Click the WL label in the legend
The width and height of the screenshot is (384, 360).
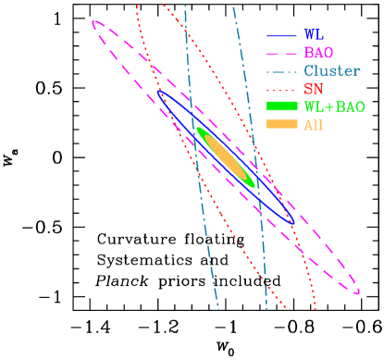313,35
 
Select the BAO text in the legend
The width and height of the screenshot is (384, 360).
318,53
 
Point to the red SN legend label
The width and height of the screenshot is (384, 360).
313,88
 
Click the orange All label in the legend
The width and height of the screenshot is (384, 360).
314,124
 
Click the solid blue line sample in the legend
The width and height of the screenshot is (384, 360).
281,35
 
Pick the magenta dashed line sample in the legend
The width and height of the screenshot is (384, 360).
281,53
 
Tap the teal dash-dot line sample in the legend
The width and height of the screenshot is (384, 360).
281,70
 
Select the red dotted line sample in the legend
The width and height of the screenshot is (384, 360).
281,88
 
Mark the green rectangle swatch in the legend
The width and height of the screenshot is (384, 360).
281,106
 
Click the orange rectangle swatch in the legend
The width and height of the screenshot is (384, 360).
281,124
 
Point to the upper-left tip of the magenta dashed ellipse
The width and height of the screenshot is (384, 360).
93,22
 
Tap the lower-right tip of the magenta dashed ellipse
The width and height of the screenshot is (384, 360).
359,292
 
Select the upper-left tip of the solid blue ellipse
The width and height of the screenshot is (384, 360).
158,91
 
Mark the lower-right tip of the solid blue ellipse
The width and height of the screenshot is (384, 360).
294,222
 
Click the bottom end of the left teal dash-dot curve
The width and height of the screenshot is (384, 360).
218,309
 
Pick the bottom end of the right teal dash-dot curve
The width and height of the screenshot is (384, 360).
266,309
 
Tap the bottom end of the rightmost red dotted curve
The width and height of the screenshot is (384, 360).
316,309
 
